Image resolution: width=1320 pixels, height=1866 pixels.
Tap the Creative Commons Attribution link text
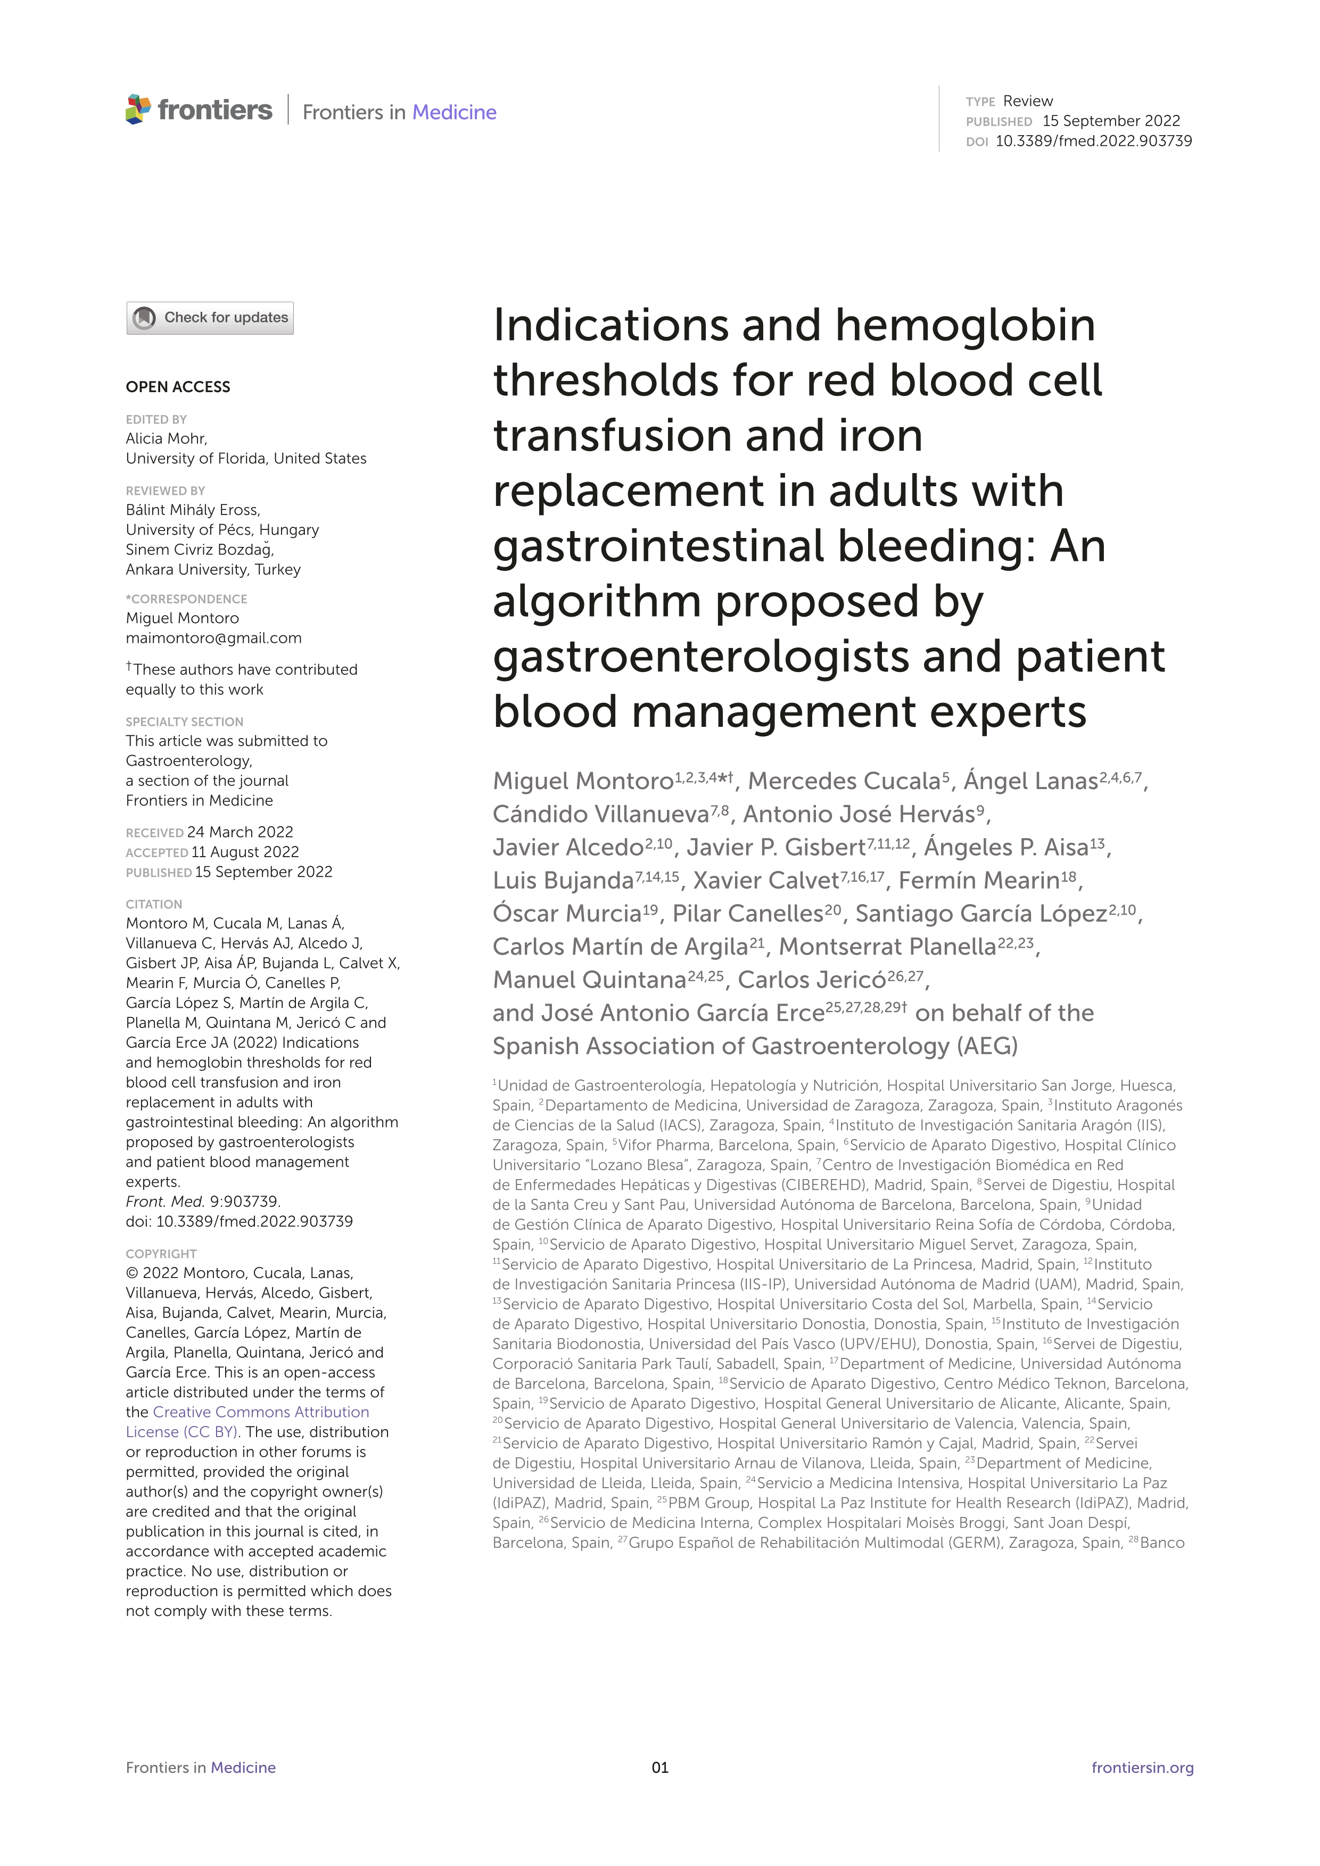[260, 1412]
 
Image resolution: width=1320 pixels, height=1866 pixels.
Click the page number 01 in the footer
[660, 1767]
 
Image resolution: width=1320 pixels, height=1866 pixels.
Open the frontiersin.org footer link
[1142, 1767]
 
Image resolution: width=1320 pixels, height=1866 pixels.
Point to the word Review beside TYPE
[1027, 101]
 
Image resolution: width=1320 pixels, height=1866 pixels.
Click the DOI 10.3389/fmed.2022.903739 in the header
[1093, 140]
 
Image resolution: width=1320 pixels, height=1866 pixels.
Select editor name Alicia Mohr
[166, 438]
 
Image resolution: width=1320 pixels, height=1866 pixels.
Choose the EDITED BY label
[156, 419]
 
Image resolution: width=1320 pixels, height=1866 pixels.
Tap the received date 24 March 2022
[240, 832]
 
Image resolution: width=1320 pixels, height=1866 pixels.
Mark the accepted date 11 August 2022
[245, 852]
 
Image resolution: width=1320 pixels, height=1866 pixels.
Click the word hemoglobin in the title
[965, 325]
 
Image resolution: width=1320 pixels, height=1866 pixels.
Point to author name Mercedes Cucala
[844, 781]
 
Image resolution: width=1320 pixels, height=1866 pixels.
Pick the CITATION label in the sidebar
[154, 904]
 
